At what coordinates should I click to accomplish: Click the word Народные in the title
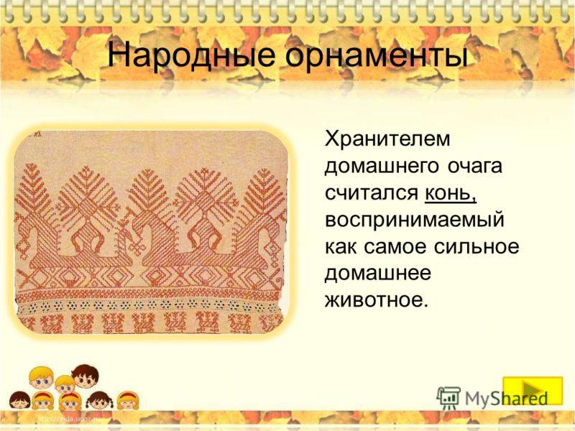point(190,56)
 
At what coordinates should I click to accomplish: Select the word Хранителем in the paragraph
point(387,139)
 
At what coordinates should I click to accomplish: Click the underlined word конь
point(451,193)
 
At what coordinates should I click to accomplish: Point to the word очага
point(475,167)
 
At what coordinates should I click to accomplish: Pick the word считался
point(372,193)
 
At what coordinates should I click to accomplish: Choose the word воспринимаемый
point(415,221)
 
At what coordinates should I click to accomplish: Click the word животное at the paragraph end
point(377,300)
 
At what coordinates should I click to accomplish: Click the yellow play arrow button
point(533,391)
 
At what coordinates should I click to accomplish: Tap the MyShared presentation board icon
point(448,398)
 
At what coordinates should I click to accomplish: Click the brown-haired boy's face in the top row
point(86,376)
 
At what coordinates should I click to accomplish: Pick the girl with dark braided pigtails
point(98,401)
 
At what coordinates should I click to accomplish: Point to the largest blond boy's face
point(41,379)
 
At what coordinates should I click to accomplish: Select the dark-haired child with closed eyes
point(19,401)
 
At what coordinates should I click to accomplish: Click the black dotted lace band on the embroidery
point(149,305)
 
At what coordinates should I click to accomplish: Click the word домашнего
point(382,167)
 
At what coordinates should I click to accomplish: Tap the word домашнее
point(378,274)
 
